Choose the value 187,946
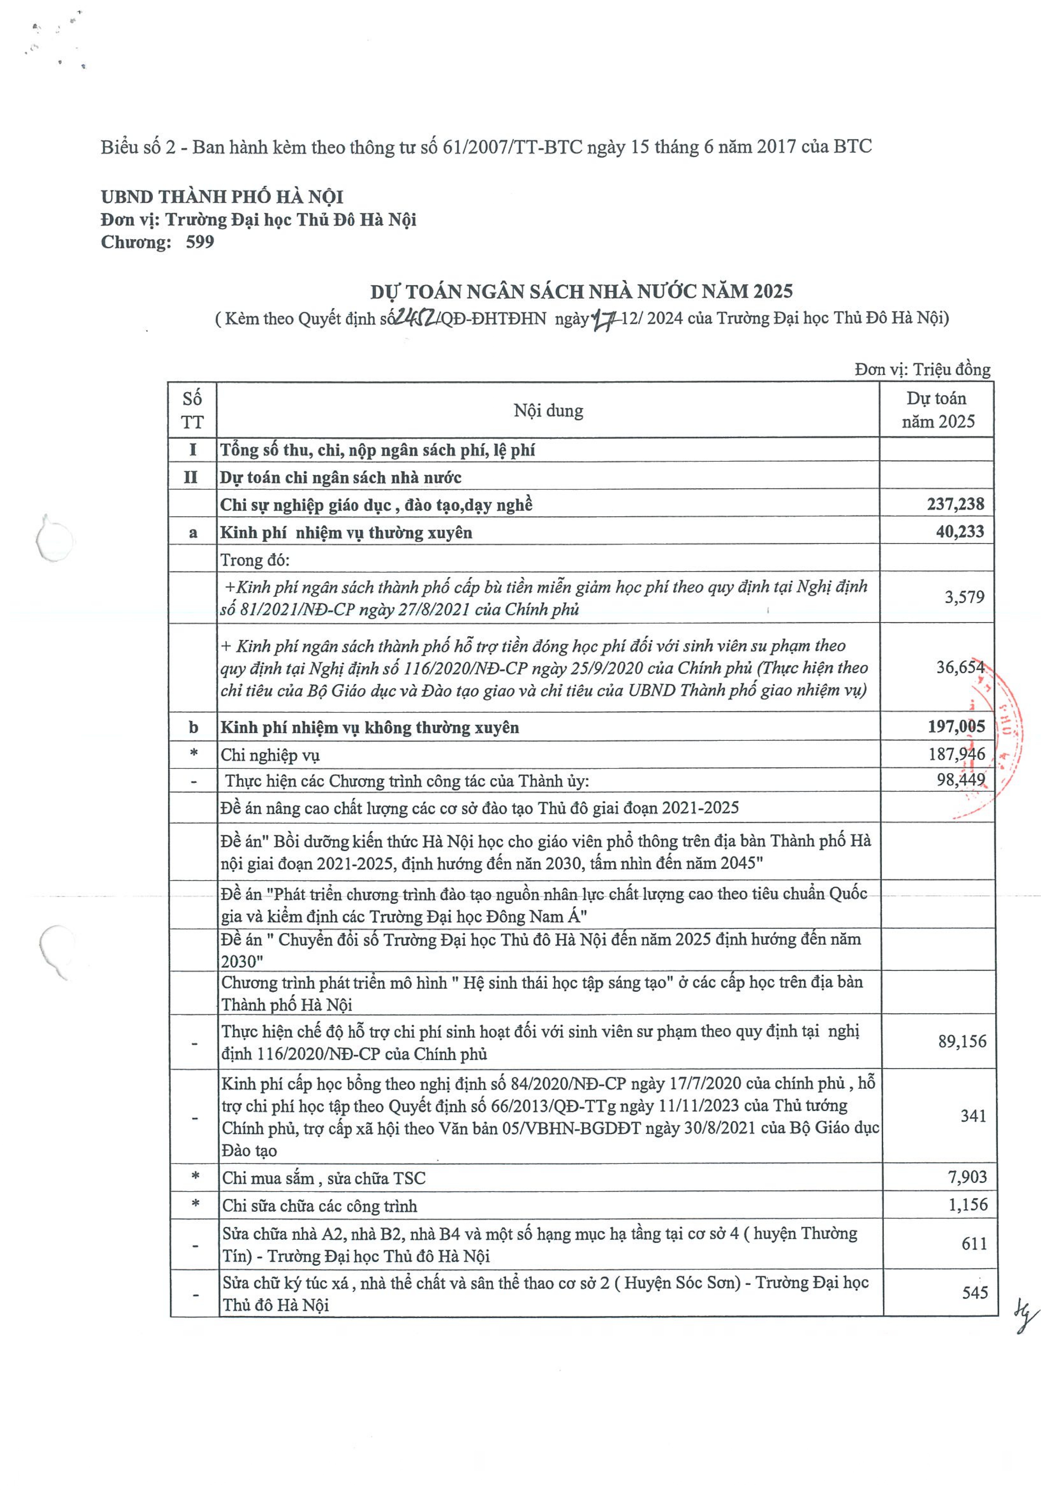(x=957, y=754)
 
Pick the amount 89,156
(x=962, y=1041)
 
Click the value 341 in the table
(x=973, y=1115)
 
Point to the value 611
(x=974, y=1244)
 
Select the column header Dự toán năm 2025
(x=937, y=410)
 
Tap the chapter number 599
(x=199, y=242)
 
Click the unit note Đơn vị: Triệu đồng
(x=922, y=370)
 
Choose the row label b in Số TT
(x=193, y=727)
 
